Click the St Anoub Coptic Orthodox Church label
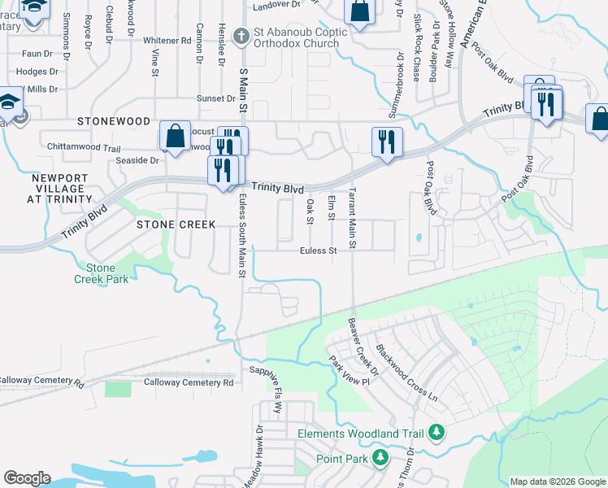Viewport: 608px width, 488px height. [x=302, y=39]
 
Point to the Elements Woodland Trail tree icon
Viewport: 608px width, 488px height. [x=437, y=432]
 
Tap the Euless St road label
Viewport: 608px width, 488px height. [x=318, y=251]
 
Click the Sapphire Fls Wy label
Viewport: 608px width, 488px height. [x=266, y=386]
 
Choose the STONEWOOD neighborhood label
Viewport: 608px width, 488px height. [x=114, y=121]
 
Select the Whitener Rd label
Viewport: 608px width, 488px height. [x=166, y=40]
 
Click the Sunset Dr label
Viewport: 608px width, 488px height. [x=215, y=98]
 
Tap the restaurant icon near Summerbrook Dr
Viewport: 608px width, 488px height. [x=387, y=142]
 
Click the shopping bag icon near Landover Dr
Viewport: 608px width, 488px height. [x=359, y=11]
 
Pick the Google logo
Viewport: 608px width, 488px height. [x=27, y=478]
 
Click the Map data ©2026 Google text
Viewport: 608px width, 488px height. [x=558, y=481]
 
